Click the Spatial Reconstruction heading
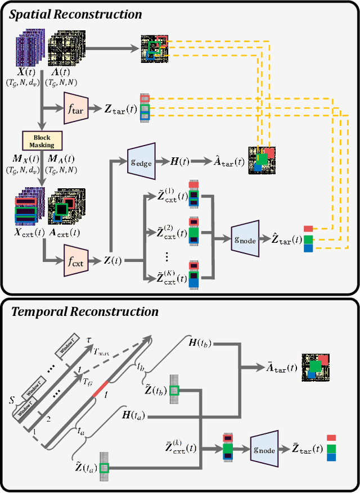(75, 14)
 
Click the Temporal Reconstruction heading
(84, 311)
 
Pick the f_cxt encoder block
(74, 260)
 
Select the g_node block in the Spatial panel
(245, 239)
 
